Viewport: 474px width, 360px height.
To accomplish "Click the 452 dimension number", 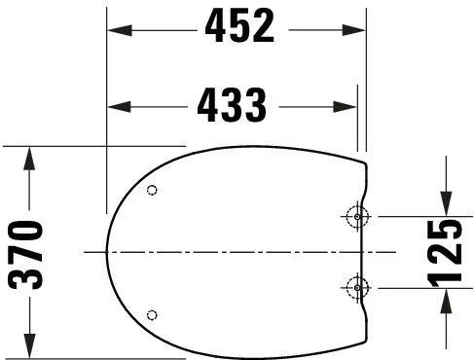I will pyautogui.click(x=238, y=28).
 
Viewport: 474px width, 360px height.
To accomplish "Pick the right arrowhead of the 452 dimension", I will pyautogui.click(x=360, y=29).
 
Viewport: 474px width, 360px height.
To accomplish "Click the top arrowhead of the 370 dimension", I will pyautogui.click(x=30, y=156).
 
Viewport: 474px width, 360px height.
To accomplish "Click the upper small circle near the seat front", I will pyautogui.click(x=151, y=191).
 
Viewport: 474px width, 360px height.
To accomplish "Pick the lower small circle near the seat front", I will pyautogui.click(x=151, y=313).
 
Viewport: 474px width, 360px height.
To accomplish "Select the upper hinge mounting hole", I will pyautogui.click(x=357, y=216).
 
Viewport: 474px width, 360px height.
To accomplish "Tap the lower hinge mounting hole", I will pyautogui.click(x=357, y=287).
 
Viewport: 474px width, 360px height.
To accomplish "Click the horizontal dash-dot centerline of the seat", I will pyautogui.click(x=234, y=252).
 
